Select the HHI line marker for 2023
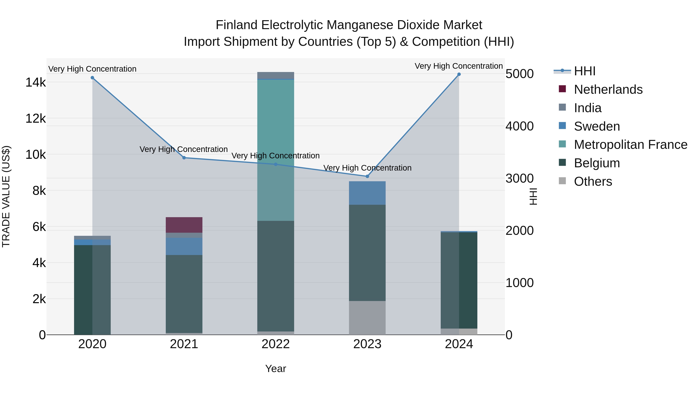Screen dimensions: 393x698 (367, 176)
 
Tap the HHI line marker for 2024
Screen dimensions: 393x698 (459, 74)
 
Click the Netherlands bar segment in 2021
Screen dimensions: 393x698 (184, 225)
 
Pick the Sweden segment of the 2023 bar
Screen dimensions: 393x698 (367, 193)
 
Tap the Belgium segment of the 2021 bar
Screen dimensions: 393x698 (184, 294)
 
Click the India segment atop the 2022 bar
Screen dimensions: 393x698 (276, 75)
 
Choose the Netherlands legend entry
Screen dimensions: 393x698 (608, 89)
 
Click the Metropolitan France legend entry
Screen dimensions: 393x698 (630, 145)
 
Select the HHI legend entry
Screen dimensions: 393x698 (584, 71)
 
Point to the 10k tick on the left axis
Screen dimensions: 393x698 (35, 155)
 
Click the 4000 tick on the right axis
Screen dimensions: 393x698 (519, 126)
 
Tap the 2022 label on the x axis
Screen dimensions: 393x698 (276, 344)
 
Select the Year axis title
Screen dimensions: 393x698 (276, 369)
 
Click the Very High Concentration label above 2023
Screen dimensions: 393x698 (367, 168)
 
